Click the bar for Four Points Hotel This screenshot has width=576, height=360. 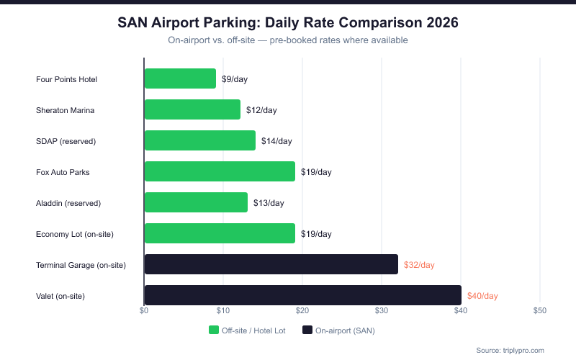coord(180,78)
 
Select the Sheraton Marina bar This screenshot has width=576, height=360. coord(192,109)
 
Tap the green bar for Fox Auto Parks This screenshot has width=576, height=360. coord(220,171)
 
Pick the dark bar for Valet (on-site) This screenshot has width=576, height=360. coord(302,295)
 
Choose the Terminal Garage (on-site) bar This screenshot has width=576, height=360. coord(271,264)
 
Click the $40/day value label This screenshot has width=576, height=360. coord(482,296)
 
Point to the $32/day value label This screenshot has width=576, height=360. coord(419,265)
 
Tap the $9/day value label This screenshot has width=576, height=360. coord(235,79)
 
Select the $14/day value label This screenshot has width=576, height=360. coord(276,141)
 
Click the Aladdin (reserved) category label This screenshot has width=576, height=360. coord(68,203)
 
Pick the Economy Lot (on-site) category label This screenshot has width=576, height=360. coord(75,234)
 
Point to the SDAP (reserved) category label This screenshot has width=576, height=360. coord(66,141)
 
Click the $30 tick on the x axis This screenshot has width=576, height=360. coord(382,310)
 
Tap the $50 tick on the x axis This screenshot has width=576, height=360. coord(540,310)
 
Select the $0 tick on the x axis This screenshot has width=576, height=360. coord(144,310)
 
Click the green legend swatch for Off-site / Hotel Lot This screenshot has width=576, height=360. coord(214,330)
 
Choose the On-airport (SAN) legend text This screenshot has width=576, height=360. coord(346,330)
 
